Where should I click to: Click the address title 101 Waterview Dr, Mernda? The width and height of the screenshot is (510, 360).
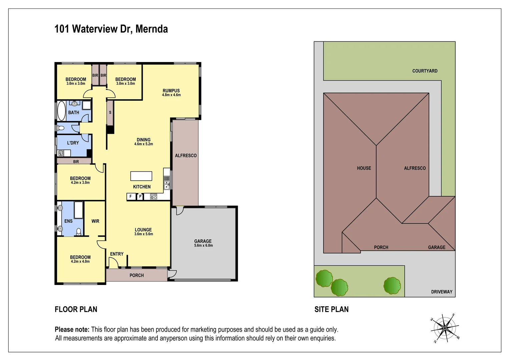pyautogui.click(x=111, y=29)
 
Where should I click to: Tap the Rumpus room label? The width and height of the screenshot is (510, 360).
pyautogui.click(x=171, y=91)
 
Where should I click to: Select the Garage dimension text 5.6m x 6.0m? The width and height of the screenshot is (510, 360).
pyautogui.click(x=203, y=246)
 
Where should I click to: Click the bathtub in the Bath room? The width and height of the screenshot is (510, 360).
pyautogui.click(x=62, y=111)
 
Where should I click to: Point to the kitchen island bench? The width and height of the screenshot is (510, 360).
pyautogui.click(x=141, y=176)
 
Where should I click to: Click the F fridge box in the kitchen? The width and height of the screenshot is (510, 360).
pyautogui.click(x=131, y=197)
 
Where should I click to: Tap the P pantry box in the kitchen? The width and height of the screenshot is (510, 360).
pyautogui.click(x=140, y=197)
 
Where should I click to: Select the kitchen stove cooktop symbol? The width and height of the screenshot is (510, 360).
pyautogui.click(x=153, y=197)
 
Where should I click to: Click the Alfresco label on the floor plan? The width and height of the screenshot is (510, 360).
pyautogui.click(x=186, y=156)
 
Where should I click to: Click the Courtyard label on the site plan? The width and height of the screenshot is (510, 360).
pyautogui.click(x=425, y=71)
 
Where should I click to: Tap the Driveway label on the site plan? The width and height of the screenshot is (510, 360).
pyautogui.click(x=442, y=292)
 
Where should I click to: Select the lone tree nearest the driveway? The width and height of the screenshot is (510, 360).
pyautogui.click(x=392, y=286)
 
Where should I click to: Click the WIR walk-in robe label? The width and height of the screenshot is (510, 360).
pyautogui.click(x=95, y=221)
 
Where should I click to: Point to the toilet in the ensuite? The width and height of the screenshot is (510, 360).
pyautogui.click(x=79, y=232)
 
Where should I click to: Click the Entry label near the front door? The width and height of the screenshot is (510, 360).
pyautogui.click(x=117, y=254)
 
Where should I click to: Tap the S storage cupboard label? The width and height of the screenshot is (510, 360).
pyautogui.click(x=110, y=113)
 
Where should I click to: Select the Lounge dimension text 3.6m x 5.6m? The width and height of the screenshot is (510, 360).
pyautogui.click(x=143, y=234)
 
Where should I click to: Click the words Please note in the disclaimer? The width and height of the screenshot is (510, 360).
pyautogui.click(x=72, y=330)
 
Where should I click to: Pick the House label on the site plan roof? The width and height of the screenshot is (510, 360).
pyautogui.click(x=364, y=168)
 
